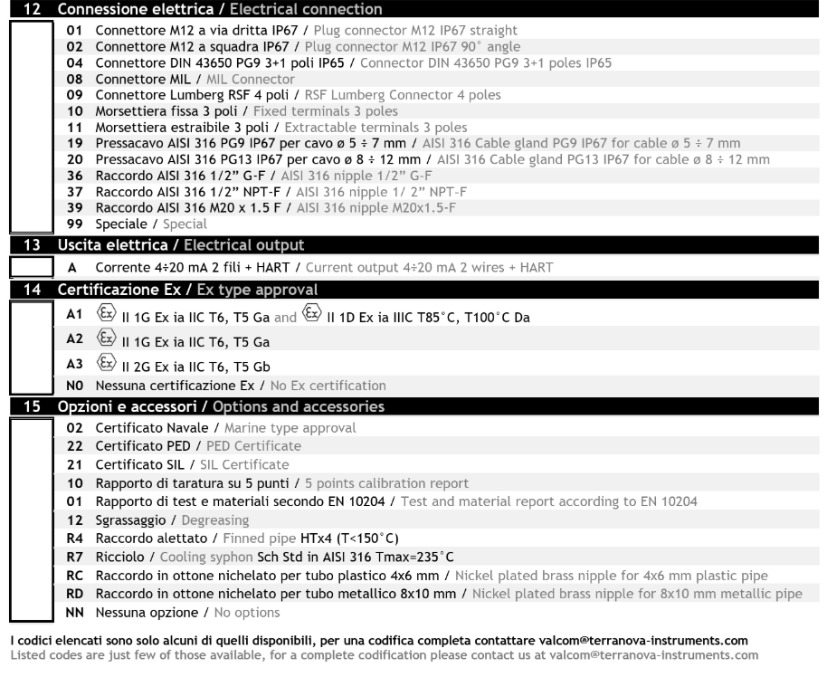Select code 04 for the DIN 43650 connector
pyautogui.click(x=75, y=62)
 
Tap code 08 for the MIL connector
pyautogui.click(x=75, y=79)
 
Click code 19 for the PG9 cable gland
pyautogui.click(x=75, y=143)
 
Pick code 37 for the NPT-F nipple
pyautogui.click(x=75, y=191)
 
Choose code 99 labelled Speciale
pyautogui.click(x=75, y=224)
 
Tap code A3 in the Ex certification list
pyautogui.click(x=75, y=364)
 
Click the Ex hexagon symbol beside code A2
pyautogui.click(x=103, y=340)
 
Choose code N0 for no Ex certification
pyautogui.click(x=75, y=385)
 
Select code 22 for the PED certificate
pyautogui.click(x=75, y=445)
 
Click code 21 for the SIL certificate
pyautogui.click(x=75, y=464)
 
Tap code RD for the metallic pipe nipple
pyautogui.click(x=75, y=593)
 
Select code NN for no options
pyautogui.click(x=75, y=612)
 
